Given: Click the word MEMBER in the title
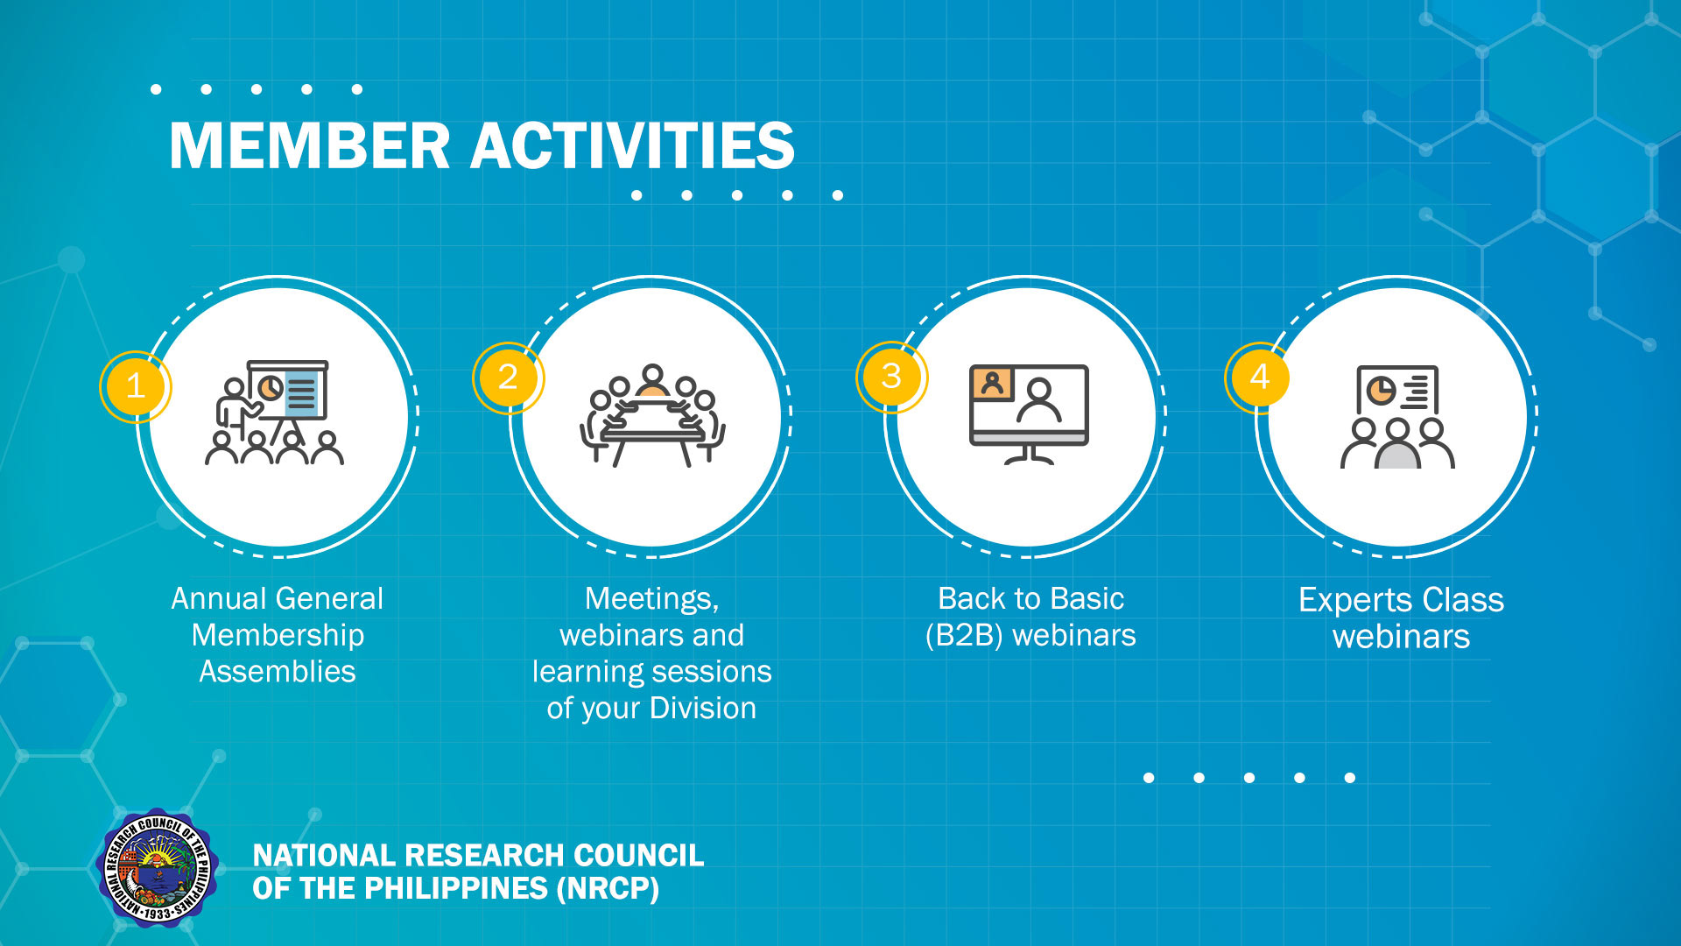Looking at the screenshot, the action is pyautogui.click(x=309, y=145).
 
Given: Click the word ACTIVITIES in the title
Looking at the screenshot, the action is pyautogui.click(x=632, y=145).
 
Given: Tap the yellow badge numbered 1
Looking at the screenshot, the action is pyautogui.click(x=136, y=386).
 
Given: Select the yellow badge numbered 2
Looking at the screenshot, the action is pyautogui.click(x=508, y=378).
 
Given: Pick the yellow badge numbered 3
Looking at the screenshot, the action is pyautogui.click(x=891, y=377).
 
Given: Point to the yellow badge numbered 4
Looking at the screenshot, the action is pyautogui.click(x=1260, y=377).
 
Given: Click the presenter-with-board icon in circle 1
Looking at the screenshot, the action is pyautogui.click(x=274, y=412).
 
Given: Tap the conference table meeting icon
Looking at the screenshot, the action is pyautogui.click(x=652, y=415).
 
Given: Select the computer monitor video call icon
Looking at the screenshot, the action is pyautogui.click(x=1029, y=414).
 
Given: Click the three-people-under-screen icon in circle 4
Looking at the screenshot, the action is pyautogui.click(x=1397, y=417).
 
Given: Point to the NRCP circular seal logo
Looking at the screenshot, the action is pyautogui.click(x=157, y=868).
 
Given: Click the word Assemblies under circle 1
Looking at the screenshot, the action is pyautogui.click(x=278, y=672).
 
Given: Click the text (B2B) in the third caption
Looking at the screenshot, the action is pyautogui.click(x=964, y=635).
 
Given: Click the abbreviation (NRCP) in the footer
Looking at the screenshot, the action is pyautogui.click(x=608, y=888).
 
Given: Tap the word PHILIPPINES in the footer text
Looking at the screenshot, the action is pyautogui.click(x=454, y=888).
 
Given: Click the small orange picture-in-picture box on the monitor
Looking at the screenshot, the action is pyautogui.click(x=992, y=384).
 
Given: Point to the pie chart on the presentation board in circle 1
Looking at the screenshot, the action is pyautogui.click(x=271, y=387).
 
